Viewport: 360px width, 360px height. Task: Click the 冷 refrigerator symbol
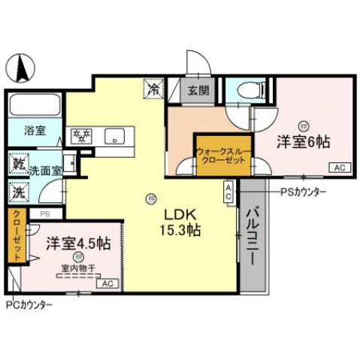pyautogui.click(x=153, y=89)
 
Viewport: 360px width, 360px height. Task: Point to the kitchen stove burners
pyautogui.click(x=81, y=135)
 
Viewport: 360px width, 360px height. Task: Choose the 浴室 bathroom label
pyautogui.click(x=35, y=130)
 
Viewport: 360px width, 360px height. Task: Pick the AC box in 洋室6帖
pyautogui.click(x=338, y=168)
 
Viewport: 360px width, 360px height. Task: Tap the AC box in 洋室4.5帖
pyautogui.click(x=107, y=283)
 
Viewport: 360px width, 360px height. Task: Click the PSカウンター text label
pyautogui.click(x=303, y=192)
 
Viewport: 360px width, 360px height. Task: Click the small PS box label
pyautogui.click(x=44, y=214)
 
